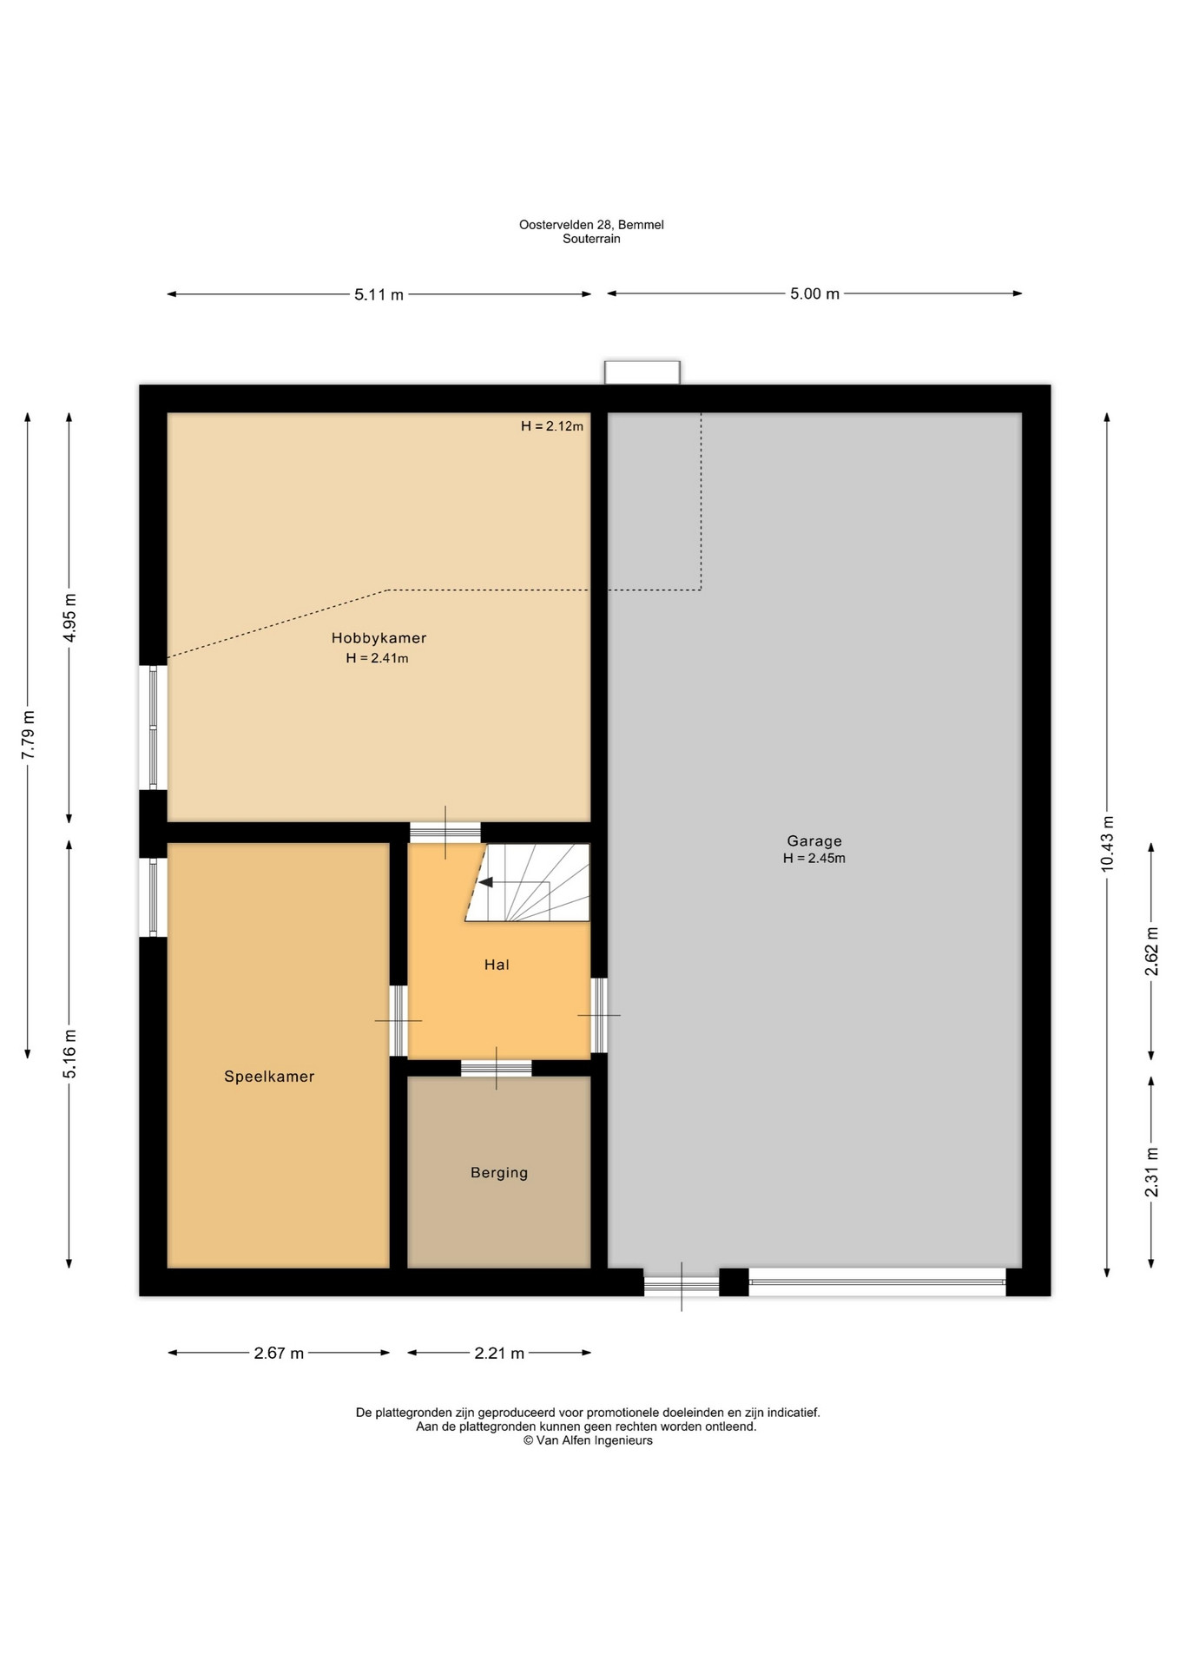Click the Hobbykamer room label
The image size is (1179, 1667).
coord(379,638)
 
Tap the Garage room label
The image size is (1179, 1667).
coord(814,840)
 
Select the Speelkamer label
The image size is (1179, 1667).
coord(269,1077)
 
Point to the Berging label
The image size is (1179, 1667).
coord(499,1173)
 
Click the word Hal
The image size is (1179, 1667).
coord(497,965)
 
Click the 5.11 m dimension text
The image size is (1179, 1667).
coord(379,294)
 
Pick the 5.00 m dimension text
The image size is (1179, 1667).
coord(814,293)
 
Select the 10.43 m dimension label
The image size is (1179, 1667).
coord(1107,844)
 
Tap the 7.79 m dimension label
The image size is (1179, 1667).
coord(28,735)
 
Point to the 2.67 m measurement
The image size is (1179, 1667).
coord(279,1353)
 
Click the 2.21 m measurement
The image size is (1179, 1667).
coord(499,1353)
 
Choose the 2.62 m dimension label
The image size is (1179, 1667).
coord(1152,951)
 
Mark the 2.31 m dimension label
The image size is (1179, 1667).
coord(1152,1172)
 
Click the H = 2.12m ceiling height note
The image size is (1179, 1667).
coord(552,426)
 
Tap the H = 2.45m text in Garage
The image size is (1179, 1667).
coord(814,859)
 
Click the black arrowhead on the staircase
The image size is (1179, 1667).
coord(486,882)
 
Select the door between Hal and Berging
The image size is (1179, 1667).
coord(497,1068)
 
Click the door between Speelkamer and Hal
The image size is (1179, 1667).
coord(398,1020)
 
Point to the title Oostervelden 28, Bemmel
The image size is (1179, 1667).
coord(591,225)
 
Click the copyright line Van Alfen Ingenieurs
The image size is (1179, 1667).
coord(588,1440)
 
